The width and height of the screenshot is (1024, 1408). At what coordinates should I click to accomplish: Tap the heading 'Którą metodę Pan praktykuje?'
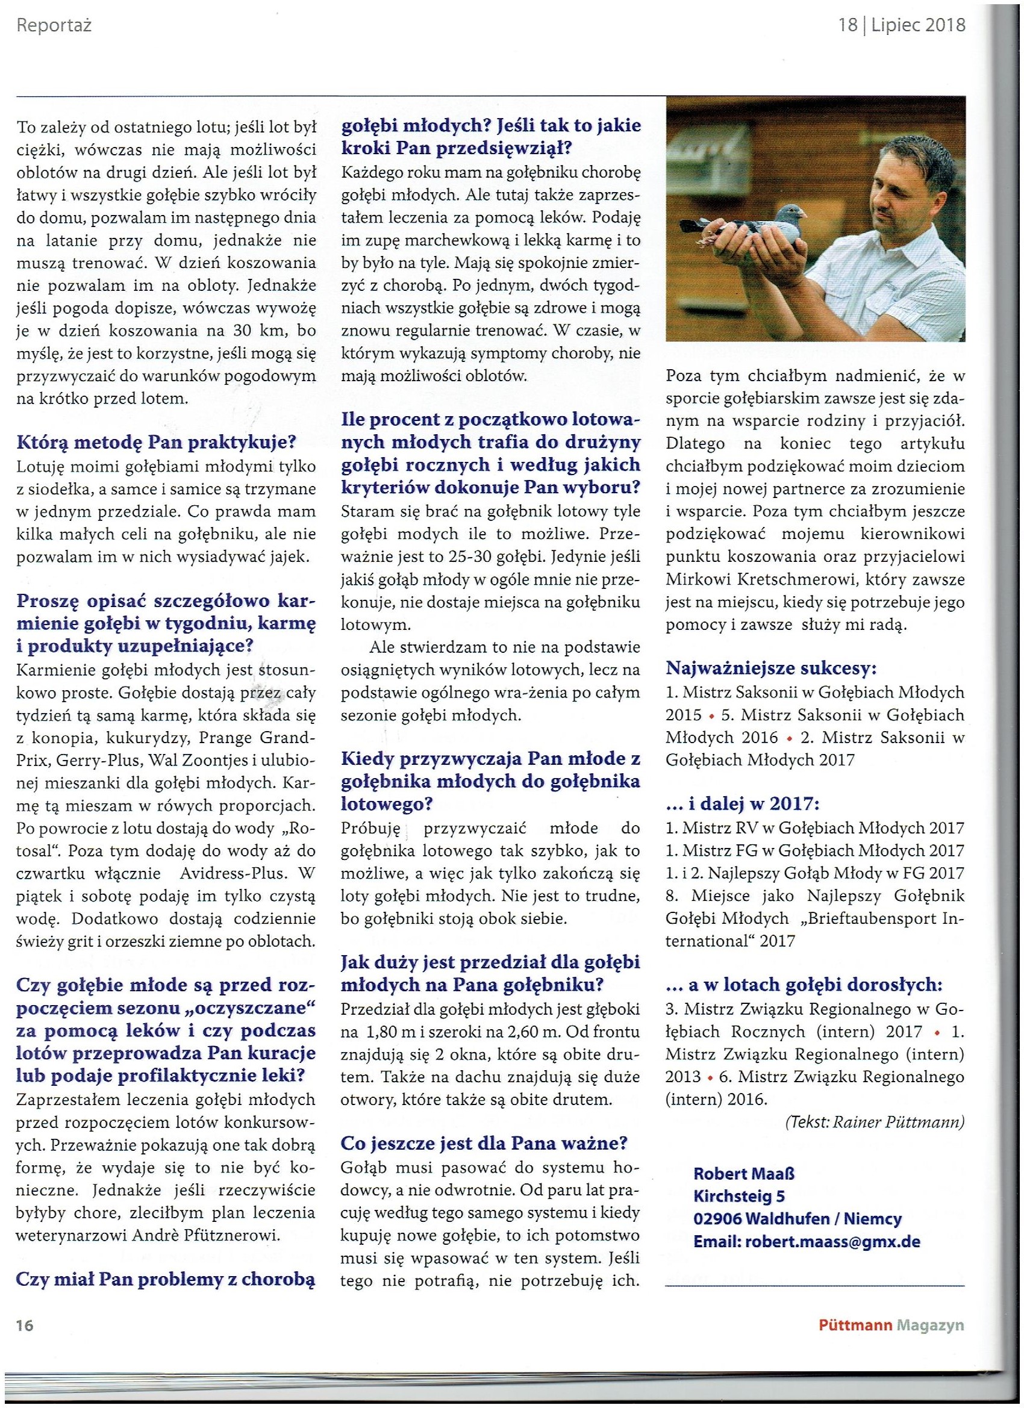click(157, 443)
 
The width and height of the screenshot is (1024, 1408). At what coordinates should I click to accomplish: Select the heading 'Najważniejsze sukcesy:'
click(770, 668)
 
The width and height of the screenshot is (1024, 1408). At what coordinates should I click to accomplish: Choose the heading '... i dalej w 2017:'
click(742, 804)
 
